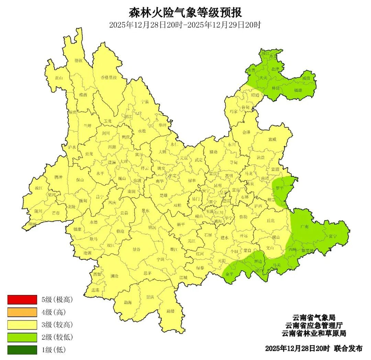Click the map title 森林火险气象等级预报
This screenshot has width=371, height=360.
(185, 13)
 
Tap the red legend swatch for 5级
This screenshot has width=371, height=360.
(22, 299)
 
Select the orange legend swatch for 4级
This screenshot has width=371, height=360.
(22, 312)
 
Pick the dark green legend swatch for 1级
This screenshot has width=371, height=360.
(22, 350)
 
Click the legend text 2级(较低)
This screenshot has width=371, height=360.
(57, 337)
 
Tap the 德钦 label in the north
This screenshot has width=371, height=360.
(79, 61)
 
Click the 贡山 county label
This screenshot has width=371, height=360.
(59, 78)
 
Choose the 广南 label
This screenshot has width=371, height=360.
(304, 227)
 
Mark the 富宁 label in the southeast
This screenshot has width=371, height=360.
(333, 236)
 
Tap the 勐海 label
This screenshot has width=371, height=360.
(128, 303)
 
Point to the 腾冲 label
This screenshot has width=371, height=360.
(59, 177)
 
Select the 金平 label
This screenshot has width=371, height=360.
(229, 274)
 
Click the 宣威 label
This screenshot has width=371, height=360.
(272, 139)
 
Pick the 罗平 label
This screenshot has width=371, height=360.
(280, 188)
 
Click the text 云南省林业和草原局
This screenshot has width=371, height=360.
(314, 334)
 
